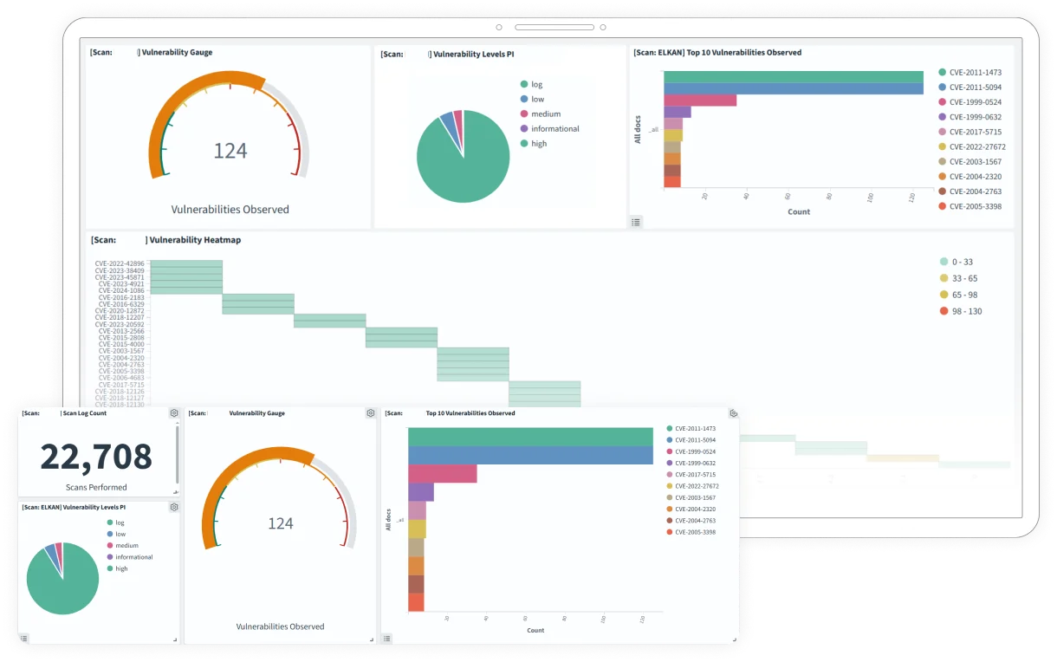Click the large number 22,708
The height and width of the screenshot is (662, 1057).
coord(96,457)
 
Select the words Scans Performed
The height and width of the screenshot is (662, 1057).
coord(96,487)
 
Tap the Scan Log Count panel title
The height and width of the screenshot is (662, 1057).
coord(86,413)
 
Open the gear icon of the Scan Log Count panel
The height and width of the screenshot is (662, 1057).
coord(174,413)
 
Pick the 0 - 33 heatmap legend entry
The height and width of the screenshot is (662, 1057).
coord(962,262)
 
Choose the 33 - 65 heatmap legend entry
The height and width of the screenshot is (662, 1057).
coord(963,278)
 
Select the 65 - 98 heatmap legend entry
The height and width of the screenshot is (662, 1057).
coord(963,295)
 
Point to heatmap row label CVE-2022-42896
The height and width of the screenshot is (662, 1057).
coord(120,263)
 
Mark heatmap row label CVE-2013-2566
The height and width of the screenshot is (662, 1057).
coord(121,331)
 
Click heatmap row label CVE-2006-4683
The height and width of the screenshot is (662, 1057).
coord(121,378)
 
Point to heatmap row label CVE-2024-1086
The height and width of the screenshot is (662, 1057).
coord(121,290)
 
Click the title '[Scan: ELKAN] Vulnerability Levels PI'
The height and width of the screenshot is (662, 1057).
coord(74,507)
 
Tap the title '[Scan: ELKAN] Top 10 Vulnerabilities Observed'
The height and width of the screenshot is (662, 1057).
coord(717,53)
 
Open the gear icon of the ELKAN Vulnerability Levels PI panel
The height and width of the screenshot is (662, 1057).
coord(174,507)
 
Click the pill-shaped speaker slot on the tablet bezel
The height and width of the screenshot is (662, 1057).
coord(554,27)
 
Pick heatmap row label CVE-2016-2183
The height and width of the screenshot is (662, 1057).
coord(121,297)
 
